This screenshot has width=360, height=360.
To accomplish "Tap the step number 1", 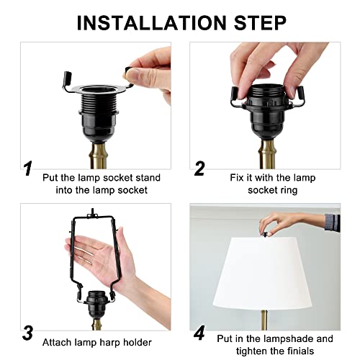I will [27, 169].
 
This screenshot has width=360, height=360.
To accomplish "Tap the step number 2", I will [199, 169].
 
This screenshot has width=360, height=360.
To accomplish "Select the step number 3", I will [27, 333].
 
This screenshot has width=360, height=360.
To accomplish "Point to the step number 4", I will [199, 333].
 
